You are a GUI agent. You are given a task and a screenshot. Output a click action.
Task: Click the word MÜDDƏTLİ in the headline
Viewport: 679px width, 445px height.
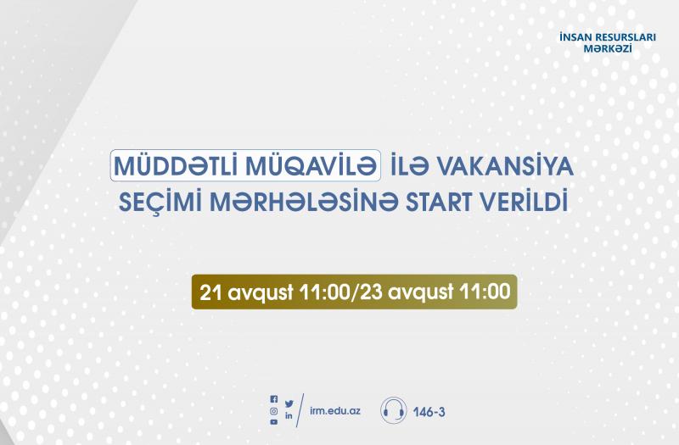pyautogui.click(x=177, y=165)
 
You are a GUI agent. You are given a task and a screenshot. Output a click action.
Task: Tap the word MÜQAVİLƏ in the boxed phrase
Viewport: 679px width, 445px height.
pyautogui.click(x=310, y=165)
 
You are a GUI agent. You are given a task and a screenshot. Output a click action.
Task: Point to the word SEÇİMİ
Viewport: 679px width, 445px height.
pyautogui.click(x=160, y=203)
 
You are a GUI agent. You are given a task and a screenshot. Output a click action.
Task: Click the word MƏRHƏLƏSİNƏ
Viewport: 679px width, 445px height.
pyautogui.click(x=303, y=203)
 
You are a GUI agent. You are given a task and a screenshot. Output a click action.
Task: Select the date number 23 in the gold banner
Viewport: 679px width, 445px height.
pyautogui.click(x=372, y=292)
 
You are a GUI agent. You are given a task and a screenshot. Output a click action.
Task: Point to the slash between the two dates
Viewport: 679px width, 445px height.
pyautogui.click(x=355, y=292)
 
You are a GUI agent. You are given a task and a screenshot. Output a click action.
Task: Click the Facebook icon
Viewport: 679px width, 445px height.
pyautogui.click(x=273, y=399)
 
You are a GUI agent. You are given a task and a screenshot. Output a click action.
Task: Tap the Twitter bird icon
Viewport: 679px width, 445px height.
pyautogui.click(x=289, y=403)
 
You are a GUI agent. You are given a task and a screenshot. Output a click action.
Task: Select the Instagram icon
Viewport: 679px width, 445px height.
pyautogui.click(x=273, y=411)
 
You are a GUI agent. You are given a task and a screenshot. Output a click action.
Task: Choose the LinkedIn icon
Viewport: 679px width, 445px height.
pyautogui.click(x=289, y=416)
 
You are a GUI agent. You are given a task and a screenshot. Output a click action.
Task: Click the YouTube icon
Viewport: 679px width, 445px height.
pyautogui.click(x=273, y=422)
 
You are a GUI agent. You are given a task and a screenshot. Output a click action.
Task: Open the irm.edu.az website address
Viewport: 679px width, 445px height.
pyautogui.click(x=335, y=411)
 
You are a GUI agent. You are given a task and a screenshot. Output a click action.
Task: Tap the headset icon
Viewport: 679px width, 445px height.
pyautogui.click(x=394, y=410)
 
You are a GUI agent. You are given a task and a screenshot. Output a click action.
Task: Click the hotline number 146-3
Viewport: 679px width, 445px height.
pyautogui.click(x=429, y=412)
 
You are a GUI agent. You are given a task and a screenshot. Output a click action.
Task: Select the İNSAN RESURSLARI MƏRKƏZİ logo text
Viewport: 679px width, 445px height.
pyautogui.click(x=608, y=43)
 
